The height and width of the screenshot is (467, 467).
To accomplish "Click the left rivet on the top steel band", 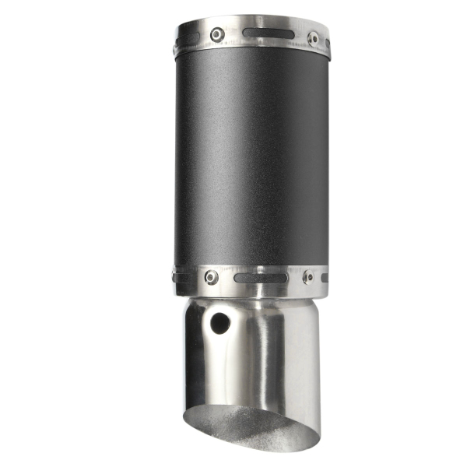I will tap(218, 35).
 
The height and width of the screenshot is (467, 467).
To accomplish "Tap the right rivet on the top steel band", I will tap(313, 38).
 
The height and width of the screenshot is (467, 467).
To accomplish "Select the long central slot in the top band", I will tap(268, 33).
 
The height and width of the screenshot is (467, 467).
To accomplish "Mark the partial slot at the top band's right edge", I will tap(328, 43).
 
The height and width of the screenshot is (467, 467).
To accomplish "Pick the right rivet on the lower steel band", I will tap(308, 276).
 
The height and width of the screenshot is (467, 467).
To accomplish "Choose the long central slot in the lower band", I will tap(260, 277).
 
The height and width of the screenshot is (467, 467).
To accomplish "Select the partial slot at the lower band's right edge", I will tap(325, 276).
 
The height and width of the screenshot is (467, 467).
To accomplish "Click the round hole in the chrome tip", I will tap(220, 322).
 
